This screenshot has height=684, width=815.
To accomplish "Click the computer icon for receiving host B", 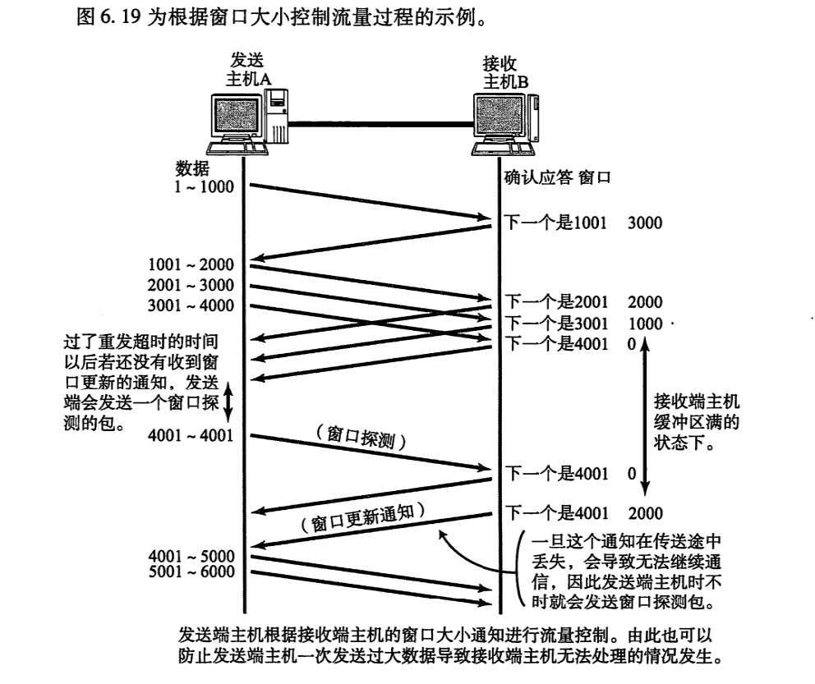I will coord(506,123).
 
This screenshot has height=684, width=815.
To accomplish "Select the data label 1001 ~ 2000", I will coord(191,264).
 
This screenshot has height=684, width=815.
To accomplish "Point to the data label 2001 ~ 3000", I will coord(191,286).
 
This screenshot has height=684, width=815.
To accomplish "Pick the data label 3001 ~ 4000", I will coord(191,306).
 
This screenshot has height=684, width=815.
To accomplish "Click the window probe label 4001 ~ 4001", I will coord(191,434).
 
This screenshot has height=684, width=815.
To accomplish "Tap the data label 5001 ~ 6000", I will coord(191,572).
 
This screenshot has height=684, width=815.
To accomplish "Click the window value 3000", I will coord(645,223).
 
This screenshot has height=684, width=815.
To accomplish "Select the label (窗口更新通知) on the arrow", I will coord(361,518).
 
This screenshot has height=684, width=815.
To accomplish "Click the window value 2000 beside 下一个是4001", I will coord(645,513).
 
